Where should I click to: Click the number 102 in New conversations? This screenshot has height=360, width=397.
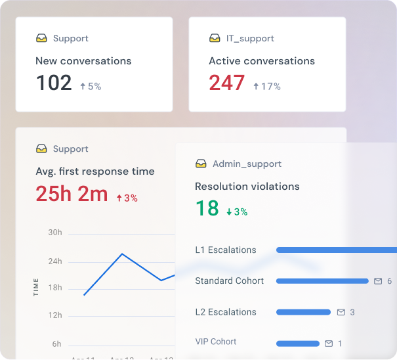54,83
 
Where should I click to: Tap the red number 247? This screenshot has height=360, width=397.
226,83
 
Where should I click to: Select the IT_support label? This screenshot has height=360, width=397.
250,39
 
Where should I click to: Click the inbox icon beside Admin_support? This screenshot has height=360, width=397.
201,164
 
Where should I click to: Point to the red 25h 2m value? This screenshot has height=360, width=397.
72,194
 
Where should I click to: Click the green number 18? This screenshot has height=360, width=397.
207,208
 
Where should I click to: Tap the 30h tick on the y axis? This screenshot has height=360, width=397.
55,233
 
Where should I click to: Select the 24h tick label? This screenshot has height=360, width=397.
55,261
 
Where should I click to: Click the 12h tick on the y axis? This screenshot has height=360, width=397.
55,316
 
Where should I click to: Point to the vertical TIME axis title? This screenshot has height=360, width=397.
36,288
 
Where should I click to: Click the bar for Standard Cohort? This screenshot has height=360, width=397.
322,281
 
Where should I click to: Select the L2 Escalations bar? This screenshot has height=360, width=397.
303,312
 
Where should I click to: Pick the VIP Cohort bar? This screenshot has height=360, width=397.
297,344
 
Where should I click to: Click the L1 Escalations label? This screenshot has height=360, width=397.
226,250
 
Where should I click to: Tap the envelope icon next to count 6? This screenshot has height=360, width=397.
378,281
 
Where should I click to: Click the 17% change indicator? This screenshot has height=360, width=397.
266,86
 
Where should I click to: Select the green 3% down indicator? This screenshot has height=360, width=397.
237,212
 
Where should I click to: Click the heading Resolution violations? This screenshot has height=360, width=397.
247,187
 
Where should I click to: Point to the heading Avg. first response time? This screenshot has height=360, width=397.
95,171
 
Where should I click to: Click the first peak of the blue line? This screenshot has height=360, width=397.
122,254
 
